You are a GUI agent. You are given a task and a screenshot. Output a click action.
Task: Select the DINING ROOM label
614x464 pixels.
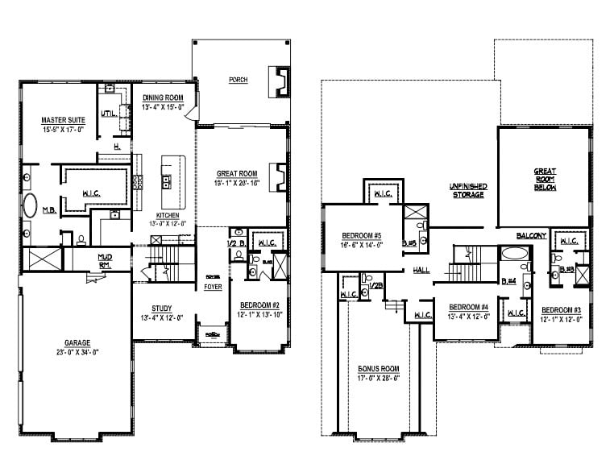point(164,97)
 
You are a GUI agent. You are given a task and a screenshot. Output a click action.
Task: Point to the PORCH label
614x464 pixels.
point(238,80)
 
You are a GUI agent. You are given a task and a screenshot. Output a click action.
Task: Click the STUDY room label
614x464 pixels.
point(163,308)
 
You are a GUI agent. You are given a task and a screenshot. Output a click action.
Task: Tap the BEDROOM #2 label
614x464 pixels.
point(259,305)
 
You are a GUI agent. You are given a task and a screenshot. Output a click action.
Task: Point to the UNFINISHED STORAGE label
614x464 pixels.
point(467,190)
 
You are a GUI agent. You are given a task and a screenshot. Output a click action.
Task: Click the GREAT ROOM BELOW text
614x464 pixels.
point(546,182)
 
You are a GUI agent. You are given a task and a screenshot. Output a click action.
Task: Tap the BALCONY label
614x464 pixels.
point(532,235)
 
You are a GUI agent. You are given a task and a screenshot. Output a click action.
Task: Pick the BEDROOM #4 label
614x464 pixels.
point(469,307)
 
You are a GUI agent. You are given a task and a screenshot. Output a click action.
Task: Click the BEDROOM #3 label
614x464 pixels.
point(562,310)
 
